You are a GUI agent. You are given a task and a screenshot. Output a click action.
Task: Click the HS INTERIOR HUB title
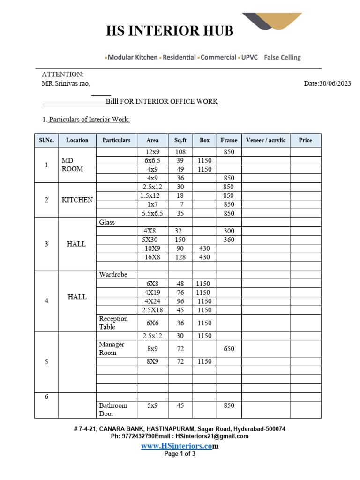tap(169, 31)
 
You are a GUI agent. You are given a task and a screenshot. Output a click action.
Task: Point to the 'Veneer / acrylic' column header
tap(265, 140)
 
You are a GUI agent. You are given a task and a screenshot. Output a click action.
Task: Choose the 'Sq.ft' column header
tap(180, 140)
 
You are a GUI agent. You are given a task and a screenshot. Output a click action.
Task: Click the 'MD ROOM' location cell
tap(72, 165)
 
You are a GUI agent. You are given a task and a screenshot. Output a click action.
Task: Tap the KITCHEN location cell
tap(77, 200)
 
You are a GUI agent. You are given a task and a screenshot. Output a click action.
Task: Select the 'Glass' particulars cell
tap(107, 222)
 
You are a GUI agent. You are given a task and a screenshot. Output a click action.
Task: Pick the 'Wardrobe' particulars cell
tap(113, 274)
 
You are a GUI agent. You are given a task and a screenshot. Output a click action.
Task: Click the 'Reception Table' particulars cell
tap(113, 322)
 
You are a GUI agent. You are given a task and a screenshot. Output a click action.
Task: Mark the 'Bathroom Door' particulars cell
tap(113, 409)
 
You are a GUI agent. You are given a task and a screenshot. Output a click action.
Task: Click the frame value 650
tap(229, 349)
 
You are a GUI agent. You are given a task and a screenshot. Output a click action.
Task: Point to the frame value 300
tap(229, 231)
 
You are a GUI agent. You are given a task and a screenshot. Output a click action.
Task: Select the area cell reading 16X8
tap(152, 257)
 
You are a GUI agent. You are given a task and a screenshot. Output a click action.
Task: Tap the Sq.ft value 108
tap(180, 152)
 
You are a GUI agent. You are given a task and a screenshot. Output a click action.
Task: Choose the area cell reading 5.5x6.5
tap(152, 213)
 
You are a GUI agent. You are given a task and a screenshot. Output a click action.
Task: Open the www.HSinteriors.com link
tap(180, 446)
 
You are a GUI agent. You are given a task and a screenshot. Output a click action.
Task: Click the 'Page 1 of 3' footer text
tap(180, 454)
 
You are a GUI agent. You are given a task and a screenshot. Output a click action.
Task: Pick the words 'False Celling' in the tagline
tap(282, 58)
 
